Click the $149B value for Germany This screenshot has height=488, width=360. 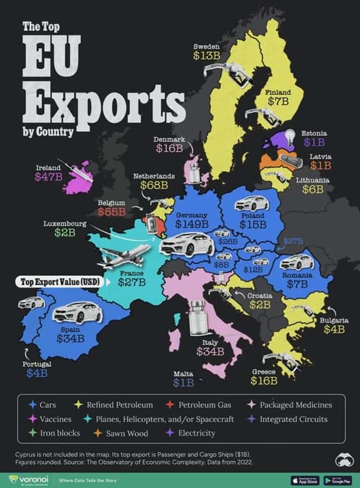coord(192,224)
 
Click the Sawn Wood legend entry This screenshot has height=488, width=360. coord(127,433)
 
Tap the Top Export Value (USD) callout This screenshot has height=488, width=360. coord(57,282)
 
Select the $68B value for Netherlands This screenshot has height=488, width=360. coord(156,185)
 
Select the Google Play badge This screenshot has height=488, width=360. coord(338,479)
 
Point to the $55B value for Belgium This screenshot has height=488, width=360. coord(111,211)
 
